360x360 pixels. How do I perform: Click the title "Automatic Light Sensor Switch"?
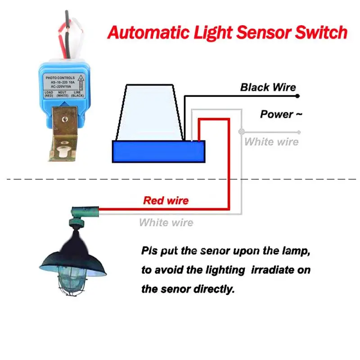227,33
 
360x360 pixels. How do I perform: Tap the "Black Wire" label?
268,87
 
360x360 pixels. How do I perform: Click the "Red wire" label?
166,200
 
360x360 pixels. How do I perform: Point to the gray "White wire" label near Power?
271,142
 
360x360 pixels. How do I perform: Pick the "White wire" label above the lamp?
166,222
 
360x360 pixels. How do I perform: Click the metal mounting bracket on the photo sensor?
63,135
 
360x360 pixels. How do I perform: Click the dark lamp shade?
74,259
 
